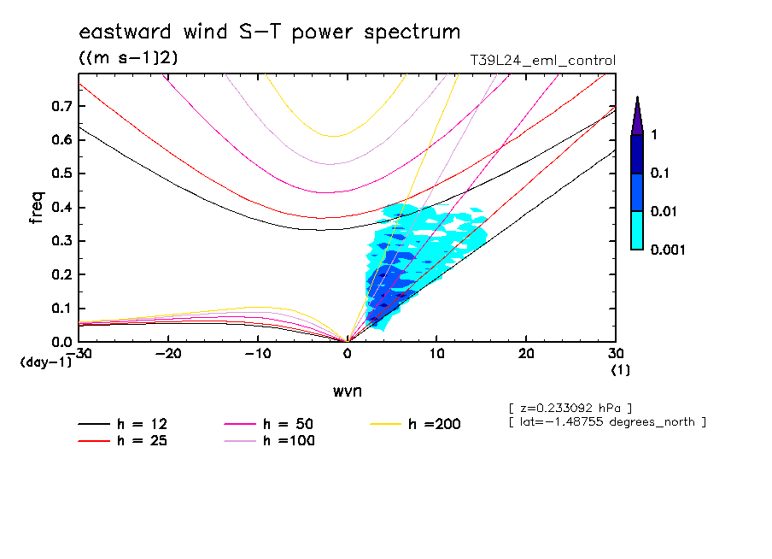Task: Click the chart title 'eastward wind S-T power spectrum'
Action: tap(270, 32)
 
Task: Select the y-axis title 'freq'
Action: tap(36, 209)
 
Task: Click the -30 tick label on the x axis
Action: tap(79, 353)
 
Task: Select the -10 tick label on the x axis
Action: tap(257, 353)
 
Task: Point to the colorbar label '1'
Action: tap(654, 135)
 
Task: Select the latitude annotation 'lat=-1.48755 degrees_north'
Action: tap(606, 421)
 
